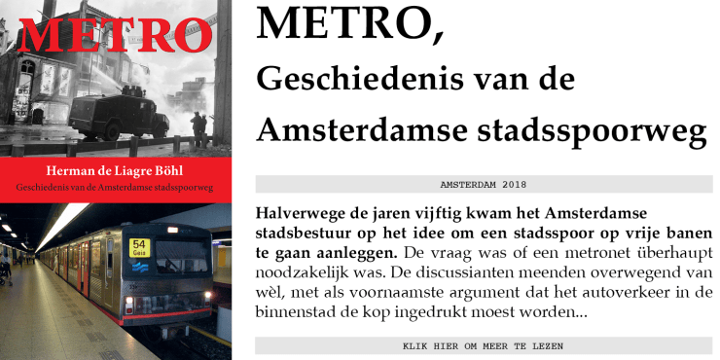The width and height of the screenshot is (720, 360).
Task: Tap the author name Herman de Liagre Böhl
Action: [x=115, y=168]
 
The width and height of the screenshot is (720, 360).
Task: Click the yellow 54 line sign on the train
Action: [x=139, y=247]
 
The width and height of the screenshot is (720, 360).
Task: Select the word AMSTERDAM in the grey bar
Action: [x=466, y=184]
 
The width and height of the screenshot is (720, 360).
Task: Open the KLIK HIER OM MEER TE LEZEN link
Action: [x=483, y=345]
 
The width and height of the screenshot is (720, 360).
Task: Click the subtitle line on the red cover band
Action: [x=115, y=186]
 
